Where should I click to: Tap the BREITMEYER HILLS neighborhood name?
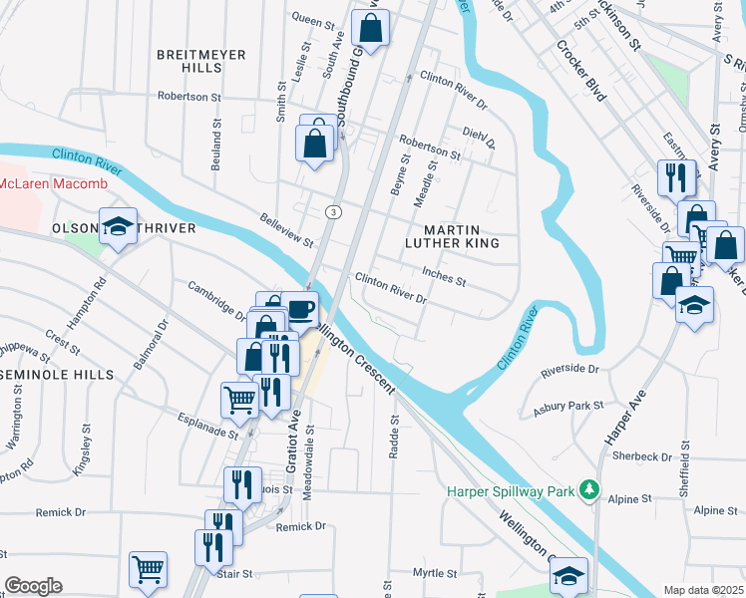[200, 61]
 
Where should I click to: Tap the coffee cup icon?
[300, 308]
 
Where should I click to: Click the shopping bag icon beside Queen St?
[370, 32]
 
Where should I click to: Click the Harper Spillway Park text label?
[512, 490]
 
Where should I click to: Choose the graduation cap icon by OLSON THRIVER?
[118, 225]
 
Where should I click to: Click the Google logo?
[33, 586]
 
